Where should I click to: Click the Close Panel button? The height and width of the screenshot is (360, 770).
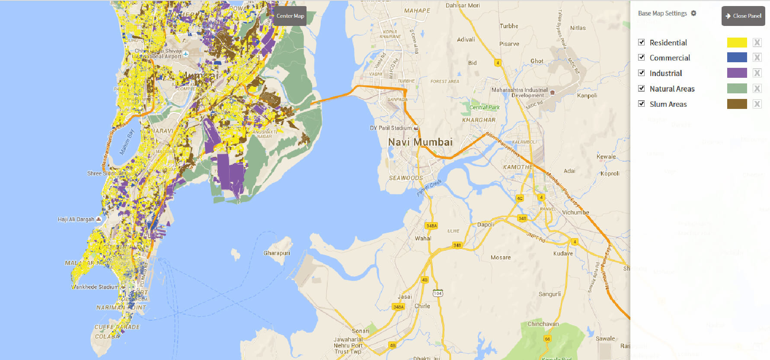(743, 16)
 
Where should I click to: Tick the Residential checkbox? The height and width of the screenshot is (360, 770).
(642, 42)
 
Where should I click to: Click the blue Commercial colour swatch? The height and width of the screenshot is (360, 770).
(737, 57)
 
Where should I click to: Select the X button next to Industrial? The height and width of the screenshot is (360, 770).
(757, 73)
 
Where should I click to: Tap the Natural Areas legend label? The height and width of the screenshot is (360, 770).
(672, 89)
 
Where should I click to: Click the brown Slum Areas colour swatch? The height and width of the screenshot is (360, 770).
(737, 104)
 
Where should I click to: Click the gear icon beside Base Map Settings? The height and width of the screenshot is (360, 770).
(693, 13)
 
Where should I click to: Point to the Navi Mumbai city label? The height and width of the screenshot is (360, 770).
(420, 142)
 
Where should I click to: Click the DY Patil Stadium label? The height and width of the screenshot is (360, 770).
(391, 128)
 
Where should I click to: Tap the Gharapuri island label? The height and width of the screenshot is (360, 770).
(277, 253)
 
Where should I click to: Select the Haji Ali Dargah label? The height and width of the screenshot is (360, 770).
(76, 220)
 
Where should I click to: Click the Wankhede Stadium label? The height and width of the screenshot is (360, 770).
(94, 287)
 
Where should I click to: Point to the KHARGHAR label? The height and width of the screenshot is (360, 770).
(479, 120)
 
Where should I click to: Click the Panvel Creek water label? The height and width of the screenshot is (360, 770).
(429, 188)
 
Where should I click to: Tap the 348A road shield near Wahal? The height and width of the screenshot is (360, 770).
(431, 226)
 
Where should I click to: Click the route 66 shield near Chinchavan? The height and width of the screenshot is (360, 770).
(547, 339)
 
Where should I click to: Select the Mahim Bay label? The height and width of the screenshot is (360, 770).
(127, 142)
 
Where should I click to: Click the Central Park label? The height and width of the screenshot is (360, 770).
(484, 108)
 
